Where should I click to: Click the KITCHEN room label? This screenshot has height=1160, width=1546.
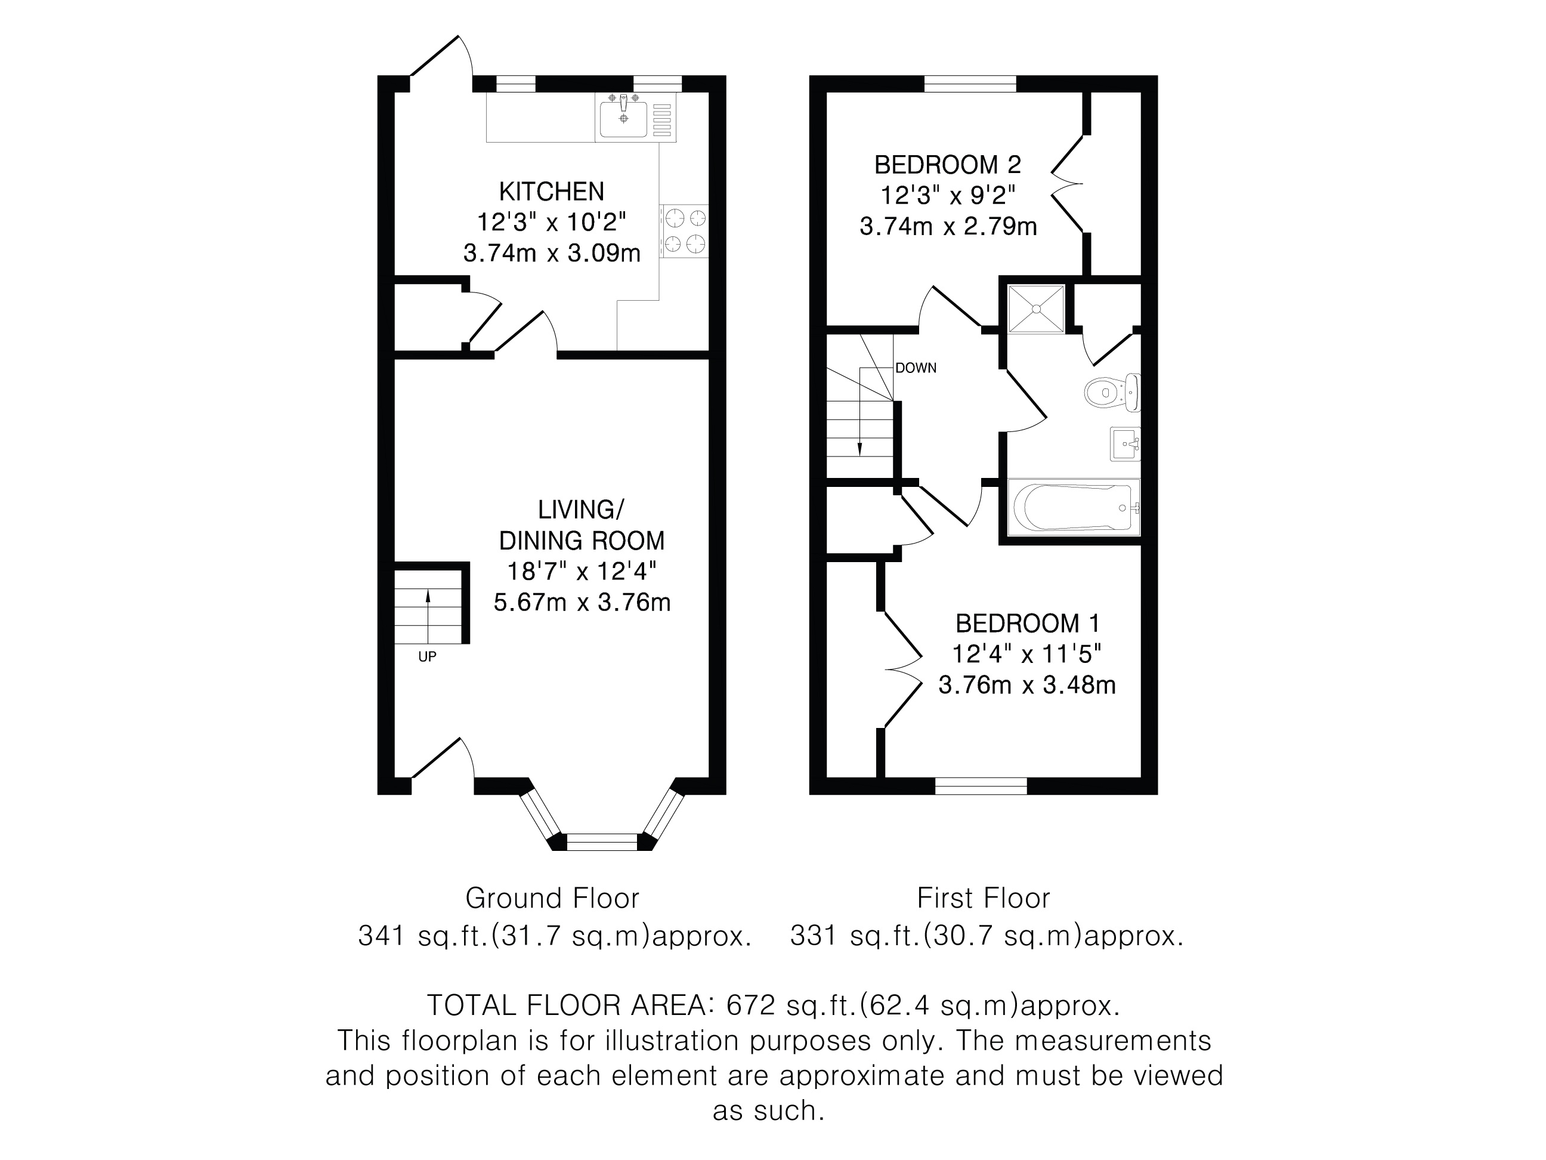click(552, 191)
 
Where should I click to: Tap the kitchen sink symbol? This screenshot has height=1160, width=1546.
click(636, 119)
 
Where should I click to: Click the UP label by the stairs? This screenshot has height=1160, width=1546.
click(427, 656)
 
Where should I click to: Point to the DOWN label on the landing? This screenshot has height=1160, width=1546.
click(916, 368)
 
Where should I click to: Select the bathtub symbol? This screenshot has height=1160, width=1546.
click(1074, 507)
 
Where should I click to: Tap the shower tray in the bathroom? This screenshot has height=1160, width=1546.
click(1036, 308)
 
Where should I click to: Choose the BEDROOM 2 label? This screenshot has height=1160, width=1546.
click(948, 165)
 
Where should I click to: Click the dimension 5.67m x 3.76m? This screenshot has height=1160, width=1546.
click(582, 602)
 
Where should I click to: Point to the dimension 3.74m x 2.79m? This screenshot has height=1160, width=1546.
click(948, 227)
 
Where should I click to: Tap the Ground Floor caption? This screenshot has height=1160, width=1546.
click(552, 899)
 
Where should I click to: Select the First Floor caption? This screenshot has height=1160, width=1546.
click(984, 899)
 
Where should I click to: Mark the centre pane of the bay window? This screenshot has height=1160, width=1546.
click(602, 842)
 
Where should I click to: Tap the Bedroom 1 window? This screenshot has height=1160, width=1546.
click(981, 786)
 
